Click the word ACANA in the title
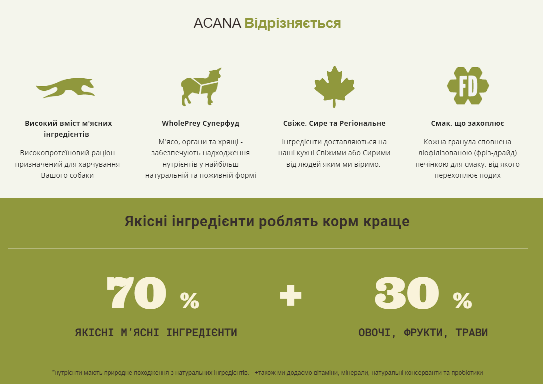[x=217, y=23]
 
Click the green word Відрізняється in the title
[x=293, y=23]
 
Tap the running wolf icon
[x=65, y=88]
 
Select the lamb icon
[x=200, y=86]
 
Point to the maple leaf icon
[x=334, y=86]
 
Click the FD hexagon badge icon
[x=468, y=86]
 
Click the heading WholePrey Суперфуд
[x=200, y=123]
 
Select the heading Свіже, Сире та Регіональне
[x=334, y=123]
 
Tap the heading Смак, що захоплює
[x=467, y=123]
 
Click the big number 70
[x=136, y=293]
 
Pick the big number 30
[x=406, y=293]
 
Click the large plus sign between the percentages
[x=291, y=295]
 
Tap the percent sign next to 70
[x=190, y=300]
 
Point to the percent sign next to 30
[x=462, y=300]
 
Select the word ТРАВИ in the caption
[x=472, y=333]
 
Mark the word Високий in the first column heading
[x=39, y=123]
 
